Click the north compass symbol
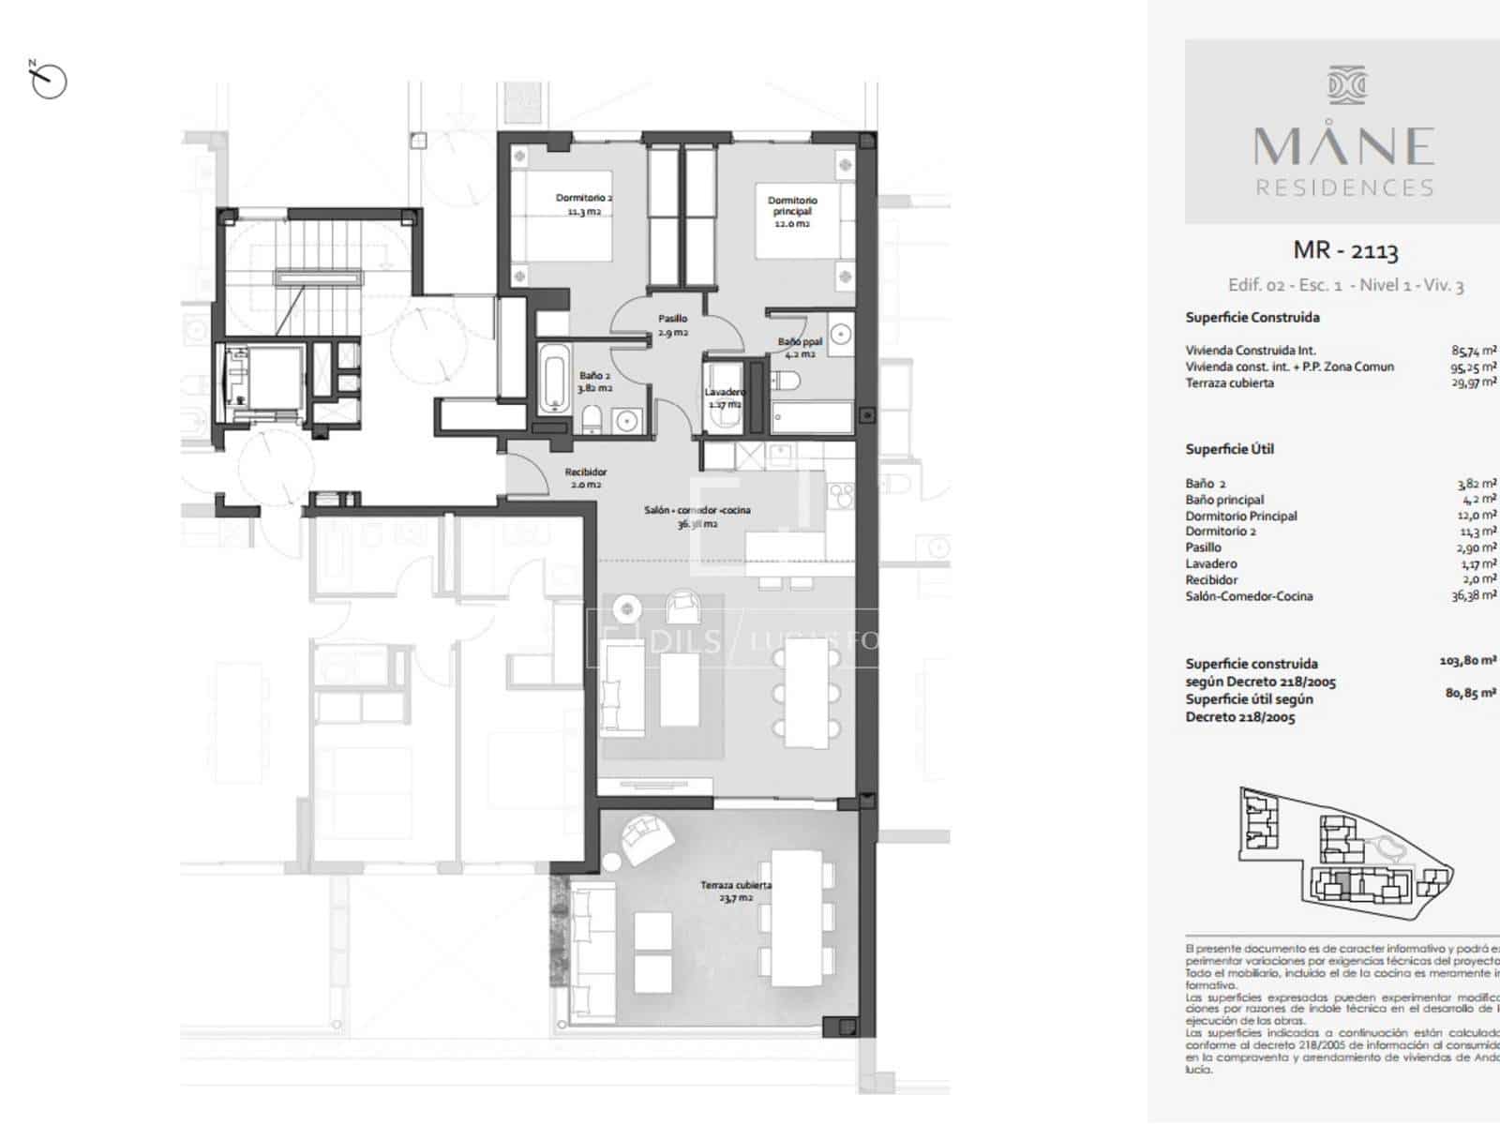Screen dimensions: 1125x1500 [x=48, y=82]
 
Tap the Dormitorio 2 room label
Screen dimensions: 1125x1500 [x=583, y=204]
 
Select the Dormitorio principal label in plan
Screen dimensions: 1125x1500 [x=792, y=212]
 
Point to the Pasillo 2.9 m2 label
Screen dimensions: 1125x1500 [x=672, y=325]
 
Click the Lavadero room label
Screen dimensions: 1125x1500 [x=725, y=397]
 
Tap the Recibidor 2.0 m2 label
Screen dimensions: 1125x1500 [x=585, y=478]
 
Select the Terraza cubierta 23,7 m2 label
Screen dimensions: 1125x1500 [x=736, y=891]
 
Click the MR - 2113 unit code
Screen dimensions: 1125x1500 [x=1345, y=250]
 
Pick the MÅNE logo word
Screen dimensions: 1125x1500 [x=1344, y=146]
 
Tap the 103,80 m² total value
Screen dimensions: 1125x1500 [x=1467, y=661]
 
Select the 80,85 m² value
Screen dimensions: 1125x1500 [x=1470, y=695]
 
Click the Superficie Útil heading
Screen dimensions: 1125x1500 [x=1229, y=449]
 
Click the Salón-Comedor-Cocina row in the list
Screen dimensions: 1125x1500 [x=1249, y=596]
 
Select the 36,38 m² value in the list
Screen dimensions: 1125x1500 [x=1474, y=595]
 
